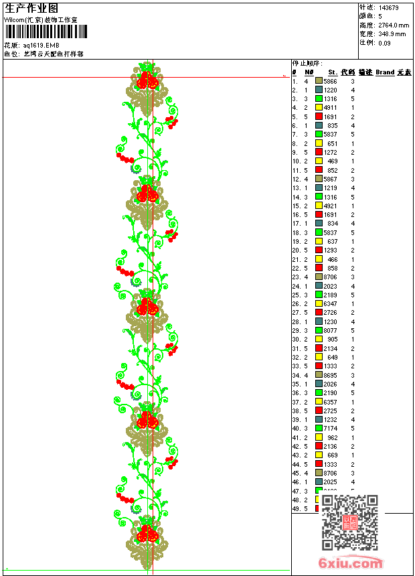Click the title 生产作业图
click(31, 8)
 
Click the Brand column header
click(385, 72)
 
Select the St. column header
click(332, 72)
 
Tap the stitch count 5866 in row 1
click(331, 81)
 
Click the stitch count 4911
click(331, 108)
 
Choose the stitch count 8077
click(331, 330)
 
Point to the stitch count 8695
click(331, 375)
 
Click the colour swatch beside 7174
click(319, 429)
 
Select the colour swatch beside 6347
click(319, 303)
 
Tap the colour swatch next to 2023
click(319, 286)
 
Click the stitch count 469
click(333, 161)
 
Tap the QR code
click(349, 522)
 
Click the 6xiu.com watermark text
click(351, 563)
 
